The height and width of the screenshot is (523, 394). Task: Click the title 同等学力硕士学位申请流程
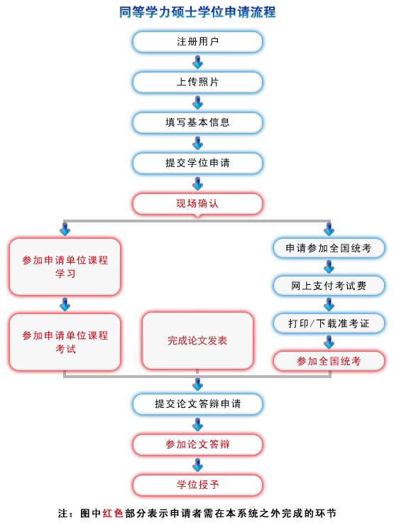(197, 12)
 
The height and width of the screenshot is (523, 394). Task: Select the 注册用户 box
(197, 41)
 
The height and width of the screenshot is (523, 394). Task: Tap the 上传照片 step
(197, 82)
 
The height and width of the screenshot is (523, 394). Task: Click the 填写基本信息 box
(197, 122)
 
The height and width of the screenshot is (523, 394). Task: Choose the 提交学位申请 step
(197, 163)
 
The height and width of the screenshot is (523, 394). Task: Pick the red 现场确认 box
(197, 203)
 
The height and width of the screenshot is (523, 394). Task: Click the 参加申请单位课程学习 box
(65, 266)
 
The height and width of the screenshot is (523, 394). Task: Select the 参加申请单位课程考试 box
(65, 341)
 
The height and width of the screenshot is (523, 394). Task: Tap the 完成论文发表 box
(197, 340)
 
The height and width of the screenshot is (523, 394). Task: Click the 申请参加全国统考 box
(329, 248)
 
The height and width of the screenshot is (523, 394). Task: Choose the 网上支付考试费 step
(329, 286)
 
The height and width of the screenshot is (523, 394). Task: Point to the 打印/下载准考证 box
(329, 323)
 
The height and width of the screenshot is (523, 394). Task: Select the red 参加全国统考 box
(329, 361)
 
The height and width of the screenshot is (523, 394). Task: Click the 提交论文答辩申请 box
(197, 404)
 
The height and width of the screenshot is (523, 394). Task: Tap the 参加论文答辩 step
(197, 444)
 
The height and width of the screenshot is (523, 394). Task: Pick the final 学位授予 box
(197, 485)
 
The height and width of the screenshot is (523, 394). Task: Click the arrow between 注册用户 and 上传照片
(197, 62)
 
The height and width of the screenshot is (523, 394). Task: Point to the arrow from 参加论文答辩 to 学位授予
(197, 465)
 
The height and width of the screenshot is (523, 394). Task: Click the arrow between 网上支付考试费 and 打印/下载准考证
(329, 305)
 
